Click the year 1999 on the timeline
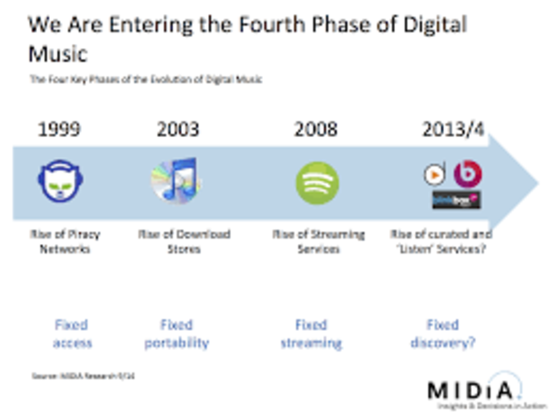[x=60, y=130]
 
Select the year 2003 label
[x=178, y=130]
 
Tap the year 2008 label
[x=316, y=130]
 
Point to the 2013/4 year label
[x=453, y=130]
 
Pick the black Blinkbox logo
[x=456, y=201]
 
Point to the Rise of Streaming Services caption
[x=318, y=241]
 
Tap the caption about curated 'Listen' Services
[x=442, y=241]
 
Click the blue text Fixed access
[x=72, y=334]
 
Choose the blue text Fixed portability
[x=176, y=334]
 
